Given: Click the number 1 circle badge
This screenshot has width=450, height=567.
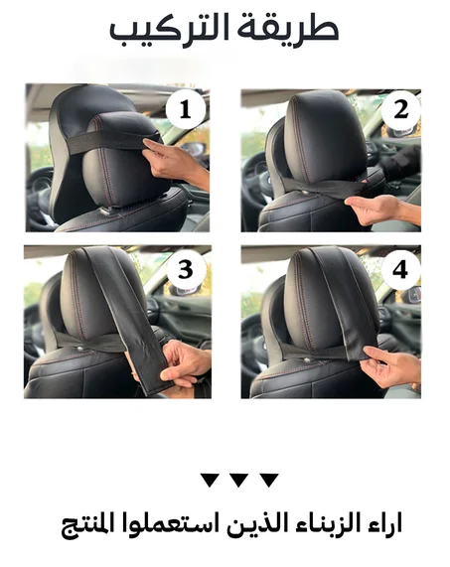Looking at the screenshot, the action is (186, 109).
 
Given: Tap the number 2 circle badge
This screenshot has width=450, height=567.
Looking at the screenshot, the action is (400, 109).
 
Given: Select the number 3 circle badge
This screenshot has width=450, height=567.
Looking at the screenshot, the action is (186, 270).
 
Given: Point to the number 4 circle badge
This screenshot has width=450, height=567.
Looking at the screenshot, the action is (400, 270).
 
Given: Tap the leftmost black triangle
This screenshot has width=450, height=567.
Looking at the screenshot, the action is (210, 480).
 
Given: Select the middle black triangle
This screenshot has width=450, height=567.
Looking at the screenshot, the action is (238, 480).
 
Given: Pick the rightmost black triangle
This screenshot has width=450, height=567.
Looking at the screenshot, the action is (269, 480).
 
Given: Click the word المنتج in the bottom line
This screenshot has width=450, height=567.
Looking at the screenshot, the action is (86, 524).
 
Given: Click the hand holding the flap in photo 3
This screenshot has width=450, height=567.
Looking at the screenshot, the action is (185, 361).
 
